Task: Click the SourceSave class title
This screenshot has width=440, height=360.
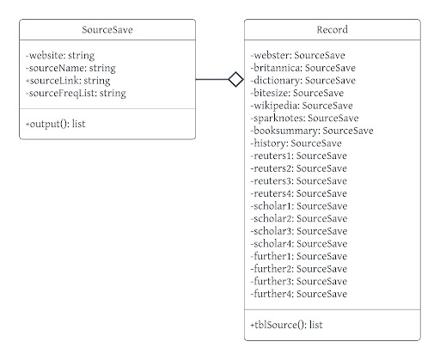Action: point(107,30)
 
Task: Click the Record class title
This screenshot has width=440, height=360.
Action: point(333,29)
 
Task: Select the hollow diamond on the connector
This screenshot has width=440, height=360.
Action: point(236,79)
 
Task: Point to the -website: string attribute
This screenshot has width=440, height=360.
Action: point(60,56)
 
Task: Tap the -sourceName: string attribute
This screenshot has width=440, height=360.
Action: point(70,68)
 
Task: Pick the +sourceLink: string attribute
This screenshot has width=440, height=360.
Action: point(68,81)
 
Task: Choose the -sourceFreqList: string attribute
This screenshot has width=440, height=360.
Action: point(76,94)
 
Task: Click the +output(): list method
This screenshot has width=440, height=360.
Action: point(56,124)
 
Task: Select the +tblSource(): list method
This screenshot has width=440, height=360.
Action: point(286,325)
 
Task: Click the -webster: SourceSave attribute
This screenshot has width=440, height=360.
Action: point(297,55)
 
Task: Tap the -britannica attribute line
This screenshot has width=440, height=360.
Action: point(303,68)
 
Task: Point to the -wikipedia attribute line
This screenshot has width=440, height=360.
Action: point(302,106)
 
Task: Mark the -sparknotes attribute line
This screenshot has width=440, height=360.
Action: point(304,119)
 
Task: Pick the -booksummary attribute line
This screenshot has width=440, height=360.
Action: point(312,131)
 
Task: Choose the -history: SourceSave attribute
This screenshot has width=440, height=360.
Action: point(296,143)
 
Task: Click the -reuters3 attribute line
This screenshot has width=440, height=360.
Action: point(299,181)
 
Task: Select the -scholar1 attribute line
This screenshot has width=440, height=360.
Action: point(299,206)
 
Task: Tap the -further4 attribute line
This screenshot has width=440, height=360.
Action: point(299,294)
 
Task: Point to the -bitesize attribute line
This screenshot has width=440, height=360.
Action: point(297,93)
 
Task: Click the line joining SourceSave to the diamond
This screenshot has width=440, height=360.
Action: point(212,79)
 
